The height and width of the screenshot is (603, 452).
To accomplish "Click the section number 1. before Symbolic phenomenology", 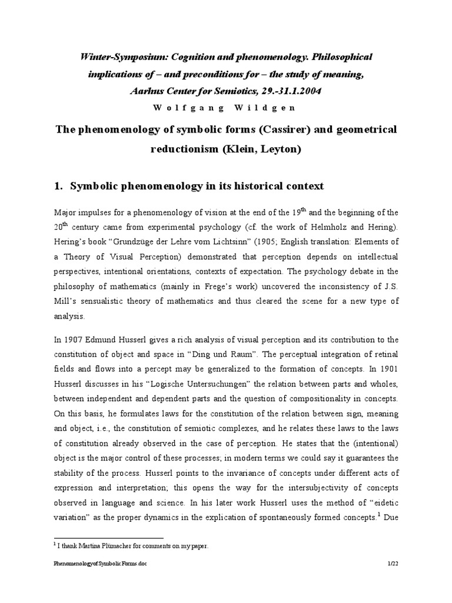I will click(58, 186).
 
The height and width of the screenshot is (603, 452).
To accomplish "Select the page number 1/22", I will click(393, 580).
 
